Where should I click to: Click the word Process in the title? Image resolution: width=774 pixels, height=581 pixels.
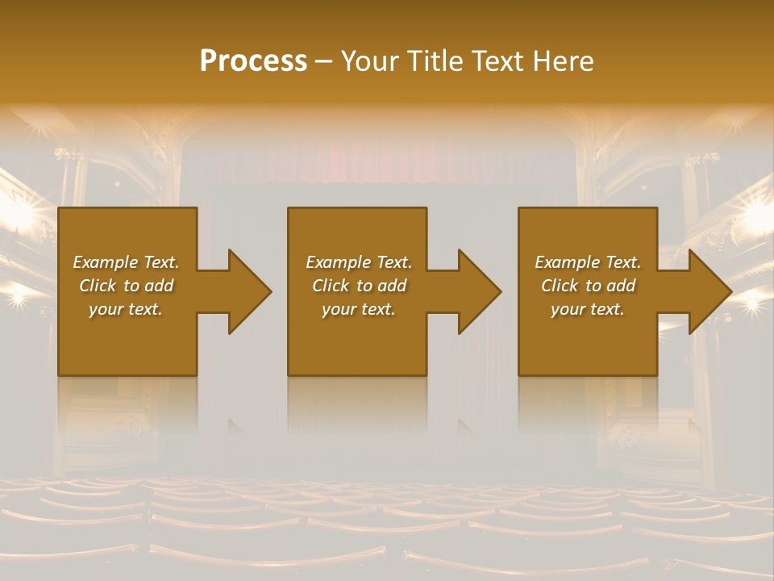[253, 61]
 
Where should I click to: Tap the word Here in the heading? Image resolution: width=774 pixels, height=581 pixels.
[562, 61]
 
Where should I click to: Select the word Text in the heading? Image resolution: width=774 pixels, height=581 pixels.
[500, 61]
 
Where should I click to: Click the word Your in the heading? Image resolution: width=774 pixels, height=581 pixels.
[371, 61]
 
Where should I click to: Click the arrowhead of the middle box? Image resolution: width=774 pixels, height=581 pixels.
[479, 291]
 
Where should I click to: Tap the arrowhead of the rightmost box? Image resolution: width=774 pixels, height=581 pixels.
[709, 291]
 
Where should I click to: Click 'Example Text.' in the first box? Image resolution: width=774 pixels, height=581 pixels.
[126, 262]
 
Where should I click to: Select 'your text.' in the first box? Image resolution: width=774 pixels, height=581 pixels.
[126, 309]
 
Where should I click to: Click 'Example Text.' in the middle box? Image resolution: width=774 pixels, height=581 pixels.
[359, 262]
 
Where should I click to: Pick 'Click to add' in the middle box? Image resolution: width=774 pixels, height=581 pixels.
[359, 286]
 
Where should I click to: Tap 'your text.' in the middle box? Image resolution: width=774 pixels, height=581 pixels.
[359, 309]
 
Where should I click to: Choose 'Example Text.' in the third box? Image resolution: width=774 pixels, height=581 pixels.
[588, 262]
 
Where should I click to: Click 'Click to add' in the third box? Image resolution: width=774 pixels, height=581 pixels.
[588, 286]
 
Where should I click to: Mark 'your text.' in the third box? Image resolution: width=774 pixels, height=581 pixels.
[588, 309]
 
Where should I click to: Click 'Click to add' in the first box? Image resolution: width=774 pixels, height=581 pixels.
[126, 286]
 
